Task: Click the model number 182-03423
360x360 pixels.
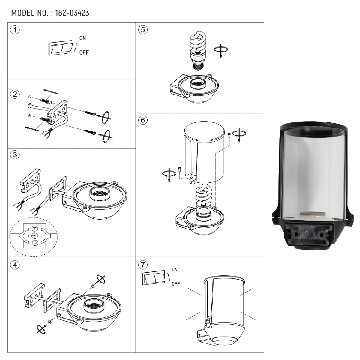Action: pos(72,13)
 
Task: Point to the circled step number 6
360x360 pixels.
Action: pos(143,120)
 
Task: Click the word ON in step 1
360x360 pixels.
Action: pos(82,38)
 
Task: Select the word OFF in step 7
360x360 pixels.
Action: pos(176,283)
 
